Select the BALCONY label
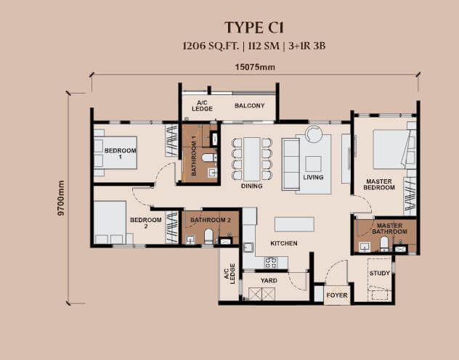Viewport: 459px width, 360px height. (x=250, y=105)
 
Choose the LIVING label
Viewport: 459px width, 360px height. (x=313, y=177)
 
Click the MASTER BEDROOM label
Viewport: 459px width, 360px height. (x=380, y=185)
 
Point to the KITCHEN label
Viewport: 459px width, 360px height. (x=283, y=244)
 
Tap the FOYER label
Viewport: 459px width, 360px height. (x=336, y=296)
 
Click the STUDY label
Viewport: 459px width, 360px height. (x=379, y=274)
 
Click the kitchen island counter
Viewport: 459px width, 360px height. (x=295, y=223)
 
